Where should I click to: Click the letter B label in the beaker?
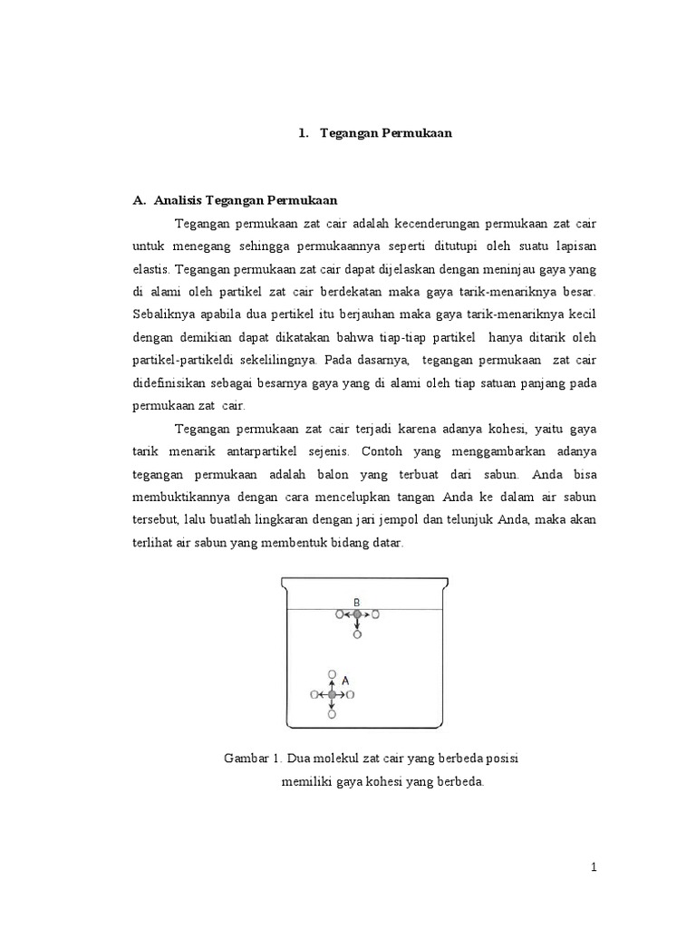point(357,601)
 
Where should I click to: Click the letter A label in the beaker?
point(346,679)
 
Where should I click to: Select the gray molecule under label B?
point(357,614)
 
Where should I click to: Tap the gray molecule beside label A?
point(332,695)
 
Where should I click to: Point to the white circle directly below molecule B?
point(357,634)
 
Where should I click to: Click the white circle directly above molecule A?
point(332,675)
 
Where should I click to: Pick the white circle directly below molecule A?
point(332,715)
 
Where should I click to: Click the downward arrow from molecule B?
point(357,624)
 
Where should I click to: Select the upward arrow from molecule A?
point(332,685)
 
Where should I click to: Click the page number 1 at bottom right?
point(594,868)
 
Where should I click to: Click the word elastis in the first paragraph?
point(152,269)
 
